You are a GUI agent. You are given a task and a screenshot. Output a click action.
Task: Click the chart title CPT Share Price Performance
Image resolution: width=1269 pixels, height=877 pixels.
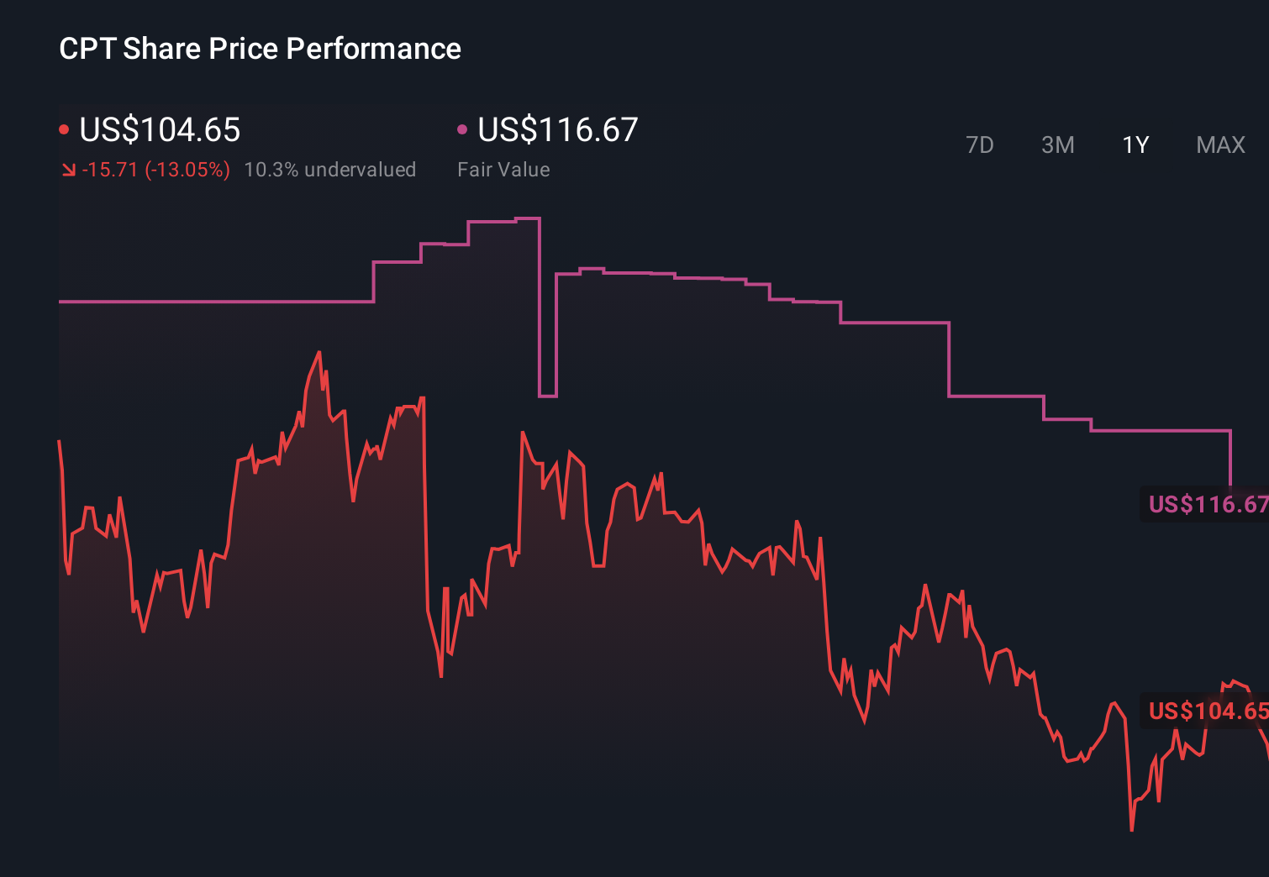pyautogui.click(x=260, y=49)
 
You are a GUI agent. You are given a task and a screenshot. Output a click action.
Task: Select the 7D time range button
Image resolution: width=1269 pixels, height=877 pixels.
pyautogui.click(x=979, y=145)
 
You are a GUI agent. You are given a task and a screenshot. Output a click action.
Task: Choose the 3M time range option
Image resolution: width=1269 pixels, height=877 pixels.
pyautogui.click(x=1057, y=145)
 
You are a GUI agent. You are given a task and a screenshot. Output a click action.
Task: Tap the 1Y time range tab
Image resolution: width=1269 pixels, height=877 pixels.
pyautogui.click(x=1135, y=145)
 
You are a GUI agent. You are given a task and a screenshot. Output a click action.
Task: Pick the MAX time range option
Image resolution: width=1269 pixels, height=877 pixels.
pyautogui.click(x=1220, y=145)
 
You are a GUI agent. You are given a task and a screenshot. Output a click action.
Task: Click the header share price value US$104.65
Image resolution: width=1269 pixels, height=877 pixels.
pyautogui.click(x=160, y=130)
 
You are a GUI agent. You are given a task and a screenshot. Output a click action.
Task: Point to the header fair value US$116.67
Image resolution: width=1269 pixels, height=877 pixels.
pyautogui.click(x=558, y=130)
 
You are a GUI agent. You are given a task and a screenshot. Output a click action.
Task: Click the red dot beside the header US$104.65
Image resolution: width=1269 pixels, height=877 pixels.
pyautogui.click(x=64, y=129)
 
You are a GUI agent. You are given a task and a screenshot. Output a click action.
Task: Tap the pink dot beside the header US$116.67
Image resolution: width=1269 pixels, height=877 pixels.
pyautogui.click(x=462, y=129)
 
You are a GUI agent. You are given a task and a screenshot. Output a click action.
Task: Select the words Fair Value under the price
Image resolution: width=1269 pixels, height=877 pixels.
pyautogui.click(x=503, y=170)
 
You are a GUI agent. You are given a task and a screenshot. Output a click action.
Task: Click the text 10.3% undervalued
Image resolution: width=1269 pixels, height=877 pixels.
pyautogui.click(x=329, y=170)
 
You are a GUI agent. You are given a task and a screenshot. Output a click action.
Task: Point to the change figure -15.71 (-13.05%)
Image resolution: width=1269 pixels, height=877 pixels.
pyautogui.click(x=155, y=170)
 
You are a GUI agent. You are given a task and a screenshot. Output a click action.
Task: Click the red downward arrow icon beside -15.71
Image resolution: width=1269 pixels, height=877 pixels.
pyautogui.click(x=68, y=171)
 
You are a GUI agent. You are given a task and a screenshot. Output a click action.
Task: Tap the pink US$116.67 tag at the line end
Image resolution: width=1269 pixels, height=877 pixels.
pyautogui.click(x=1206, y=504)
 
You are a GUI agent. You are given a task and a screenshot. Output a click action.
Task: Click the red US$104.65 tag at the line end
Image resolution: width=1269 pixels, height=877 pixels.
pyautogui.click(x=1206, y=711)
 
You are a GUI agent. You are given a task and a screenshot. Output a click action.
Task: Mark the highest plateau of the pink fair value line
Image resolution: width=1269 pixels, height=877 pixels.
pyautogui.click(x=527, y=218)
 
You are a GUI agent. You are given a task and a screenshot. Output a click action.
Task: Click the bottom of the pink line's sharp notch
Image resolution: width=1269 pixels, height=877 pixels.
pyautogui.click(x=547, y=396)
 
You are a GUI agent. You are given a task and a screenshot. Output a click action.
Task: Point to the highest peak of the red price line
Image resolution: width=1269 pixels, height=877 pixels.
pyautogui.click(x=319, y=352)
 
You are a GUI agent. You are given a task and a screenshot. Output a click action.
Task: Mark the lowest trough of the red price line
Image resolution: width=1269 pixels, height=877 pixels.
pyautogui.click(x=1132, y=830)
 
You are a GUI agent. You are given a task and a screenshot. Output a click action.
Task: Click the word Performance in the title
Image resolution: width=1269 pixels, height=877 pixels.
pyautogui.click(x=373, y=49)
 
